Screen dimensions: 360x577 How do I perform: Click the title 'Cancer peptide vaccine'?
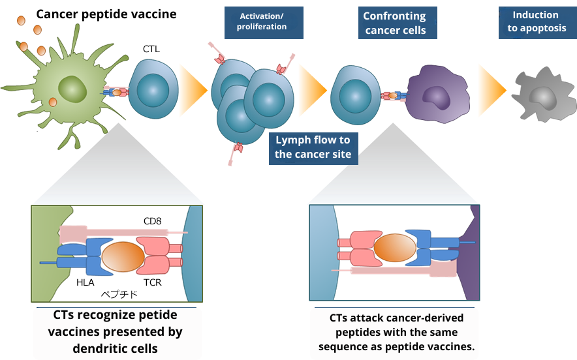tap(106, 14)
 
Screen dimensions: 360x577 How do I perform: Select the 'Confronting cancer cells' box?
tap(395, 23)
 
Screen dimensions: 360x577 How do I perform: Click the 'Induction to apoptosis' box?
tap(535, 22)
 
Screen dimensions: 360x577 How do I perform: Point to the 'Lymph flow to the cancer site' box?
tap(312, 147)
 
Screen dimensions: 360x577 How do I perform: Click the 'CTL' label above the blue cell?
tap(151, 49)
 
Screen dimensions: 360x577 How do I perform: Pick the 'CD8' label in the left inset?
tap(152, 222)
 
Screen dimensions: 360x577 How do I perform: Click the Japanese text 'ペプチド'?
tap(119, 294)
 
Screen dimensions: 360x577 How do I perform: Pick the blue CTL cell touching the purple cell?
tap(356, 94)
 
